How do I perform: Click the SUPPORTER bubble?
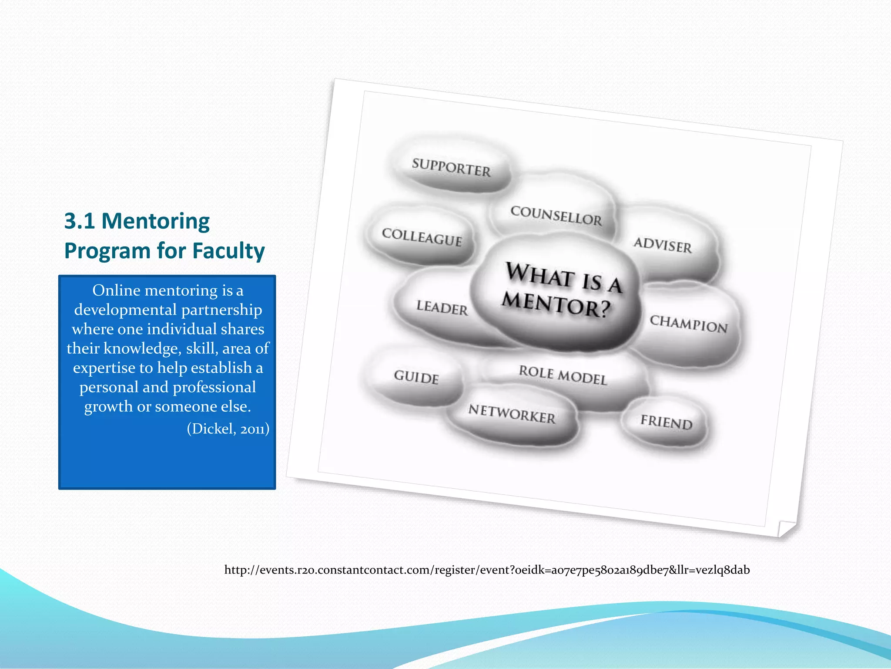pyautogui.click(x=451, y=168)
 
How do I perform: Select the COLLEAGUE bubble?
pyautogui.click(x=422, y=237)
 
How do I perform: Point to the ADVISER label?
pyautogui.click(x=663, y=245)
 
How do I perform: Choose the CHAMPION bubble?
pyautogui.click(x=688, y=324)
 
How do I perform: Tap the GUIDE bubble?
pyautogui.click(x=416, y=377)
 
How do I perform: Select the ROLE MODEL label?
pyautogui.click(x=563, y=375)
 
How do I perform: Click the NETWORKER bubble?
pyautogui.click(x=512, y=414)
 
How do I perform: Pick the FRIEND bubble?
pyautogui.click(x=666, y=422)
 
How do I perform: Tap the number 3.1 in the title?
pyautogui.click(x=80, y=221)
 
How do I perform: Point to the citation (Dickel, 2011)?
pyautogui.click(x=228, y=429)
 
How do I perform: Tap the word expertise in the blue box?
pyautogui.click(x=104, y=368)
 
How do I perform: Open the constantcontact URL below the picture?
pyautogui.click(x=487, y=570)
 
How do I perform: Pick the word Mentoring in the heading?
pyautogui.click(x=155, y=221)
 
